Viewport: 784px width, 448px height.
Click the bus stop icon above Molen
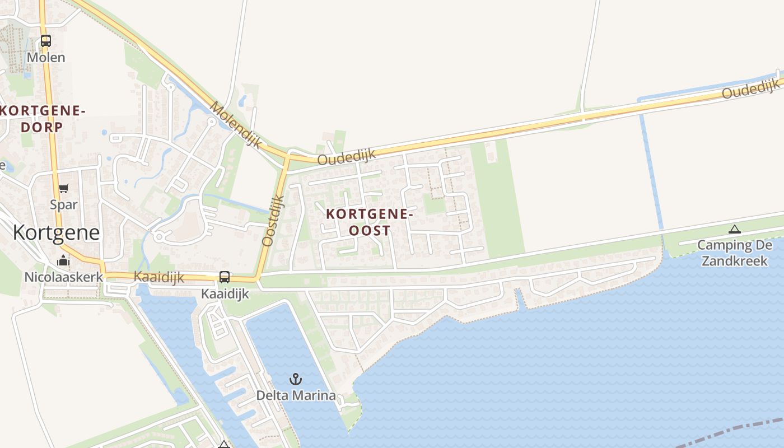pos(46,41)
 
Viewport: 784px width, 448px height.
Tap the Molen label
pos(46,57)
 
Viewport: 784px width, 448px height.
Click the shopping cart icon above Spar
pos(63,189)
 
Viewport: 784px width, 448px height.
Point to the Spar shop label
pos(63,204)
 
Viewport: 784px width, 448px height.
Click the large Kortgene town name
pos(56,232)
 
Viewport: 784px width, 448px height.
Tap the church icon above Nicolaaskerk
pos(63,261)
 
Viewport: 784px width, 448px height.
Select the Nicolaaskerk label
pos(63,277)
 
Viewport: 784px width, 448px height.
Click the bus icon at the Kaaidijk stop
pos(224,277)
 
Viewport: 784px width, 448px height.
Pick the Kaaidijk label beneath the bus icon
pos(224,293)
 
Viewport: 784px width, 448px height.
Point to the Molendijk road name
pos(236,124)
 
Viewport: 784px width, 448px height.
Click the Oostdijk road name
pos(273,220)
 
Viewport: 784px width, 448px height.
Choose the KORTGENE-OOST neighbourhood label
pos(370,222)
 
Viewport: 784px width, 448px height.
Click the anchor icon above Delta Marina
pos(296,380)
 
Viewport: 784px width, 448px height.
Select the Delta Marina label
pos(296,395)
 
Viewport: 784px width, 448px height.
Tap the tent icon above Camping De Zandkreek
pos(734,229)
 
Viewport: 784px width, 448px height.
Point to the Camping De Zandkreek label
pos(734,253)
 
